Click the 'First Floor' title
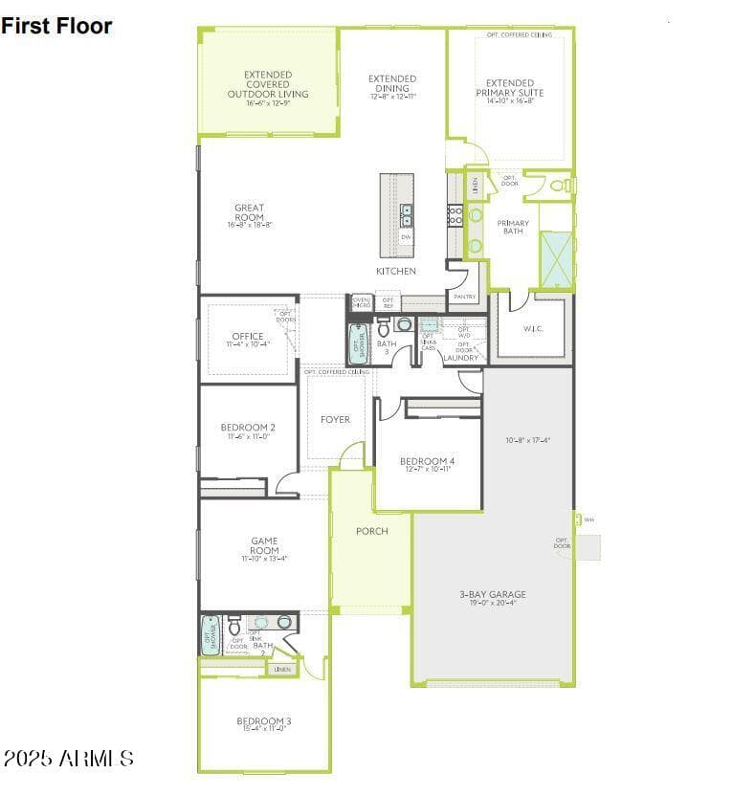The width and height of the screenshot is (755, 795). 56,26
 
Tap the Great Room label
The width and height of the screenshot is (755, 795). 249,212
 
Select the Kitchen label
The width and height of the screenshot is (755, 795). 395,272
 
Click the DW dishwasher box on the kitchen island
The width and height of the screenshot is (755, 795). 407,236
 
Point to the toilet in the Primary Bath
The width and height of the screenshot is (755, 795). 559,185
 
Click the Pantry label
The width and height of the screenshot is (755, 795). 464,297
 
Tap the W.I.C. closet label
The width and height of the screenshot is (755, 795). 533,329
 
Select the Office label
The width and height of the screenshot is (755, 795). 247,337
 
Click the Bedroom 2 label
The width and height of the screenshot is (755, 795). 248,428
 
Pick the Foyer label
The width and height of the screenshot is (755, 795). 335,419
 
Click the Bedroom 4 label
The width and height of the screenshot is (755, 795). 427,462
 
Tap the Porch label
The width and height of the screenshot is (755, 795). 371,531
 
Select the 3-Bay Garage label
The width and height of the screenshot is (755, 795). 492,594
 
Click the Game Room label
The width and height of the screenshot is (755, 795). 264,546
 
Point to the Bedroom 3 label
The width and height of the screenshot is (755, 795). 264,720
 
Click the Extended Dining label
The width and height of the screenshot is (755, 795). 392,84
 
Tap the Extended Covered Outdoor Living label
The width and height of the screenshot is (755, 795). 268,84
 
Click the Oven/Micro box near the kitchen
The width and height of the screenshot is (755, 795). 362,302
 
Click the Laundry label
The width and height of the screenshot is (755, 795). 460,358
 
